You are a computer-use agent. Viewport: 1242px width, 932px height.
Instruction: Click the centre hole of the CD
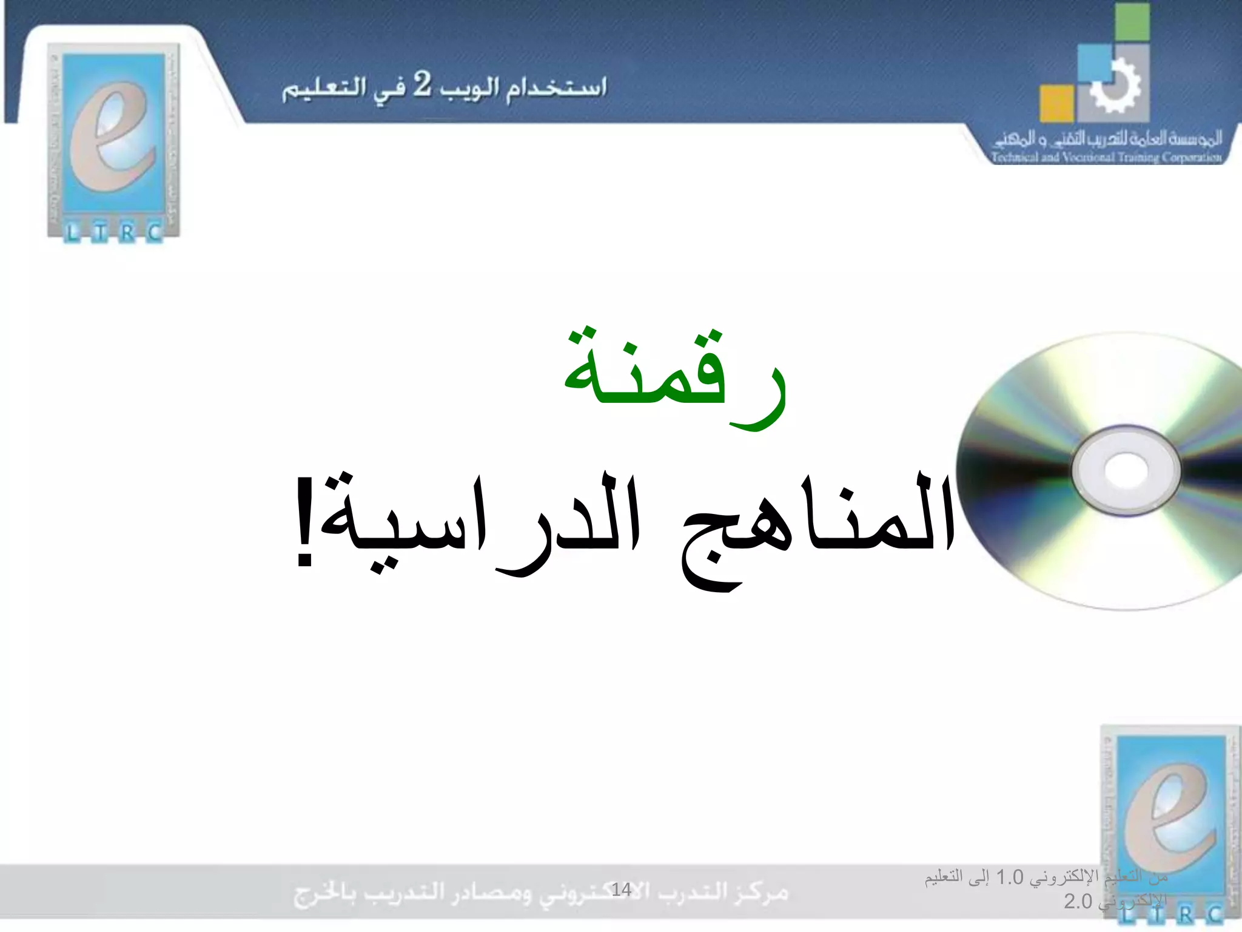[x=1126, y=470]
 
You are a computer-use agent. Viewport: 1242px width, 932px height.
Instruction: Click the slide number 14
[x=621, y=890]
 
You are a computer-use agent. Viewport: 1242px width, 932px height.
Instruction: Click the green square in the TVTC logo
[x=1132, y=22]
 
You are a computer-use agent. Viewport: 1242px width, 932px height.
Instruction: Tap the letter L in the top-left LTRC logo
[x=72, y=232]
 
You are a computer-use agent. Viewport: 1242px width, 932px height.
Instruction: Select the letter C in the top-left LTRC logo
[x=155, y=232]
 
